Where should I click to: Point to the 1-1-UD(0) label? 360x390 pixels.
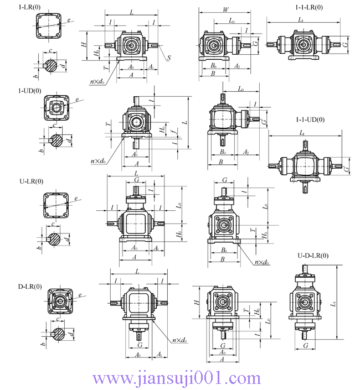(x=310, y=119)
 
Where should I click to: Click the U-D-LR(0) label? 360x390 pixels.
(x=312, y=256)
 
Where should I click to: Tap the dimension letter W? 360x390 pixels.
(x=225, y=9)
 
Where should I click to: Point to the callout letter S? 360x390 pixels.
(x=168, y=58)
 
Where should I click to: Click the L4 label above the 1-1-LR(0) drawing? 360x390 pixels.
(x=301, y=19)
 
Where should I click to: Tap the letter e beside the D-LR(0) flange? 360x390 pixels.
(x=81, y=295)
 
